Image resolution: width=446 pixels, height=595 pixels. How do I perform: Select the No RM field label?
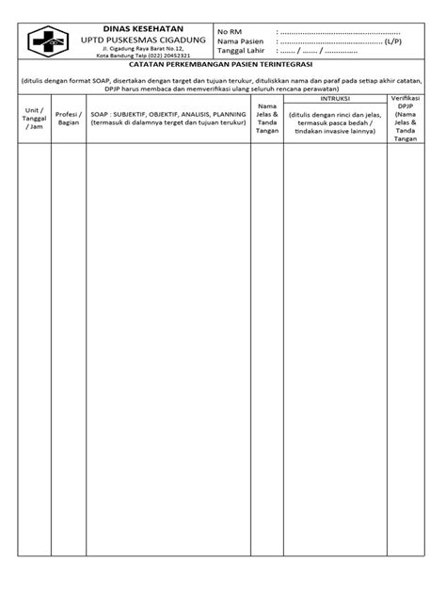coord(231,32)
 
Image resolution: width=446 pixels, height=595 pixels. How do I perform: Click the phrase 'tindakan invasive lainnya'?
coord(332,130)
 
